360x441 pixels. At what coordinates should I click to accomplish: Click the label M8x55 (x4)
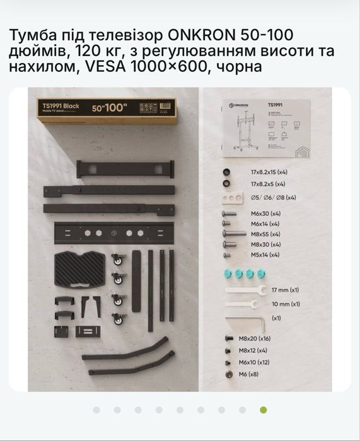click(265, 233)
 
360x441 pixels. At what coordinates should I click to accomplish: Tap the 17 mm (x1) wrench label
click(285, 291)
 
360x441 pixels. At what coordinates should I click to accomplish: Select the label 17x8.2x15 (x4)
click(269, 172)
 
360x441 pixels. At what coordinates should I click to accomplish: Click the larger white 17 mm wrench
click(243, 291)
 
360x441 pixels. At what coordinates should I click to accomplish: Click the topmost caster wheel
click(117, 259)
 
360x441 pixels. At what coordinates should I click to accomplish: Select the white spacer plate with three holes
click(233, 197)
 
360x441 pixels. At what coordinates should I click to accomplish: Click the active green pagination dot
click(264, 409)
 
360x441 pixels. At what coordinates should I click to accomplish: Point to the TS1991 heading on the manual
click(276, 105)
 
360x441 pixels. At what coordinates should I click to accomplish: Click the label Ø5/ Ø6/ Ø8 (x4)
click(274, 197)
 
